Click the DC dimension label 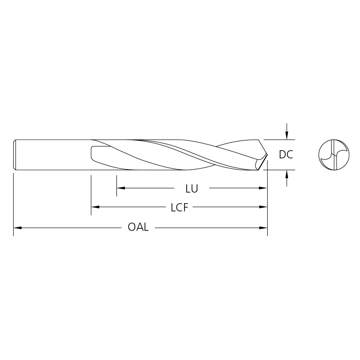click(286, 155)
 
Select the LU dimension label click(192, 189)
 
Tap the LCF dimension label click(180, 208)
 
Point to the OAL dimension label click(138, 227)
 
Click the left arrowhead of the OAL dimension click(18, 228)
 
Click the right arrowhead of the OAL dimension click(263, 228)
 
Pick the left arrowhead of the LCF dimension click(96, 207)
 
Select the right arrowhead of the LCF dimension click(263, 207)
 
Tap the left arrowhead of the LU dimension click(121, 188)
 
